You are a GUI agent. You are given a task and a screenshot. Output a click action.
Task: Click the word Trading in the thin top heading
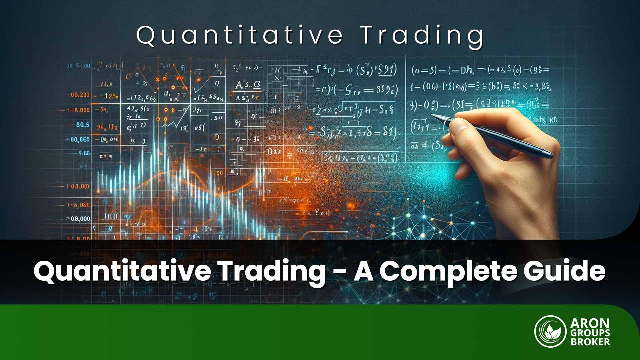(x=422, y=35)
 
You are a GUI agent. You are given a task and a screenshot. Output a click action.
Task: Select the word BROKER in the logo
(x=590, y=342)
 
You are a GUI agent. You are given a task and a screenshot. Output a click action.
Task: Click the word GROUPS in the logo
(x=590, y=333)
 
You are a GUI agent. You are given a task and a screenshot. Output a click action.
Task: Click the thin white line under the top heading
(x=309, y=56)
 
